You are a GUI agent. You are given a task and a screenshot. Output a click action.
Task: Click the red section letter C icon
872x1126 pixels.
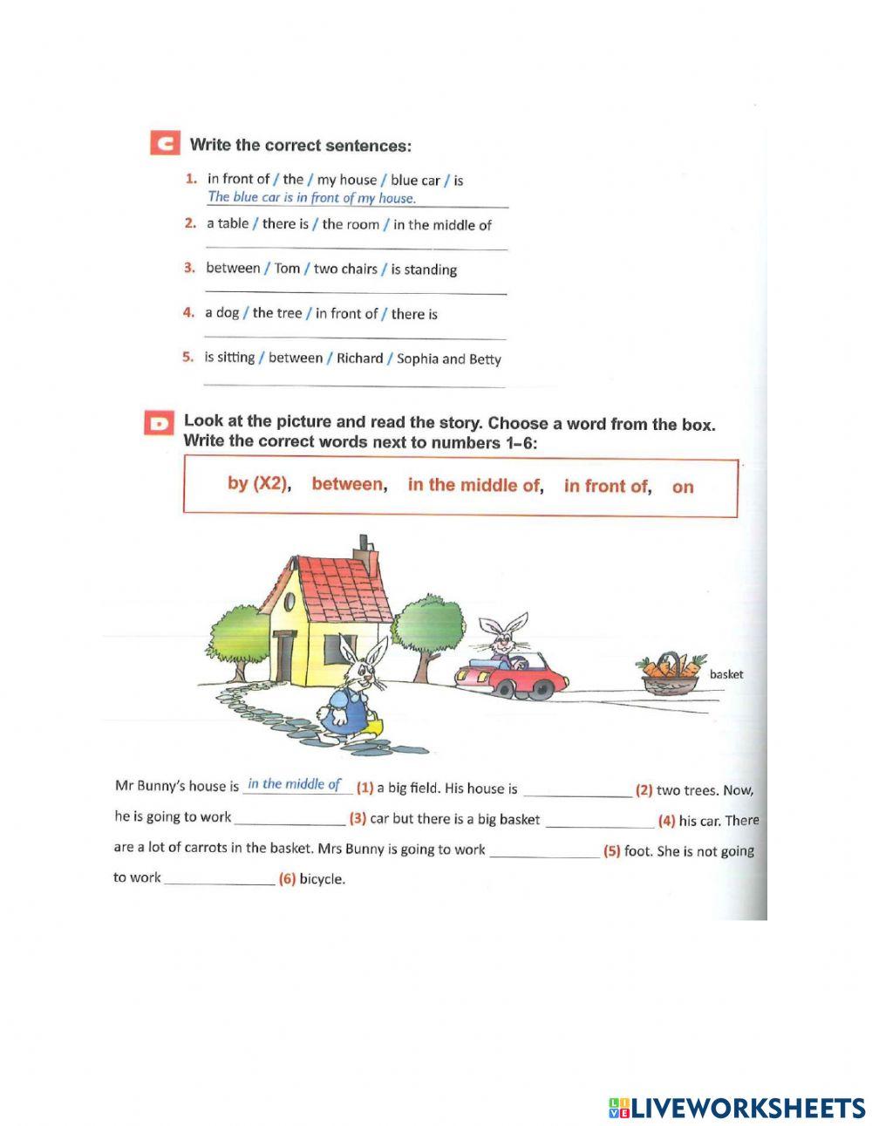pos(165,144)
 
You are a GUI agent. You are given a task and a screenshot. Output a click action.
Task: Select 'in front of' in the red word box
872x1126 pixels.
pos(605,487)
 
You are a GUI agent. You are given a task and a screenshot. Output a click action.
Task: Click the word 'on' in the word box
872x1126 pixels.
pos(683,488)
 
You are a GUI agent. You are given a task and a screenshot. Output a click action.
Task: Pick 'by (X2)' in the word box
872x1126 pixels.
pos(258,483)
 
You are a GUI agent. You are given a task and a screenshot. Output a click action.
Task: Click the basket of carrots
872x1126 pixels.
pos(669,674)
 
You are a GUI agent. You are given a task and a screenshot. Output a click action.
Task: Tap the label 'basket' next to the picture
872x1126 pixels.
pos(726,674)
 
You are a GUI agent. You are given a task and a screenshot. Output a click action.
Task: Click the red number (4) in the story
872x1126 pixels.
pos(666,821)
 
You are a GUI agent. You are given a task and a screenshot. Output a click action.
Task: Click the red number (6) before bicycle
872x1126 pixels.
pos(287,879)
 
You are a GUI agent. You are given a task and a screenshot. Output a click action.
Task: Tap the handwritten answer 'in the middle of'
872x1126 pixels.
pos(294,784)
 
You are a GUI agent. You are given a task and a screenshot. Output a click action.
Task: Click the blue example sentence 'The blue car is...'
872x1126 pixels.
pos(311,198)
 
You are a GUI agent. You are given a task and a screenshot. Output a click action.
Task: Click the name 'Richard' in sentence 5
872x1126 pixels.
pos(359,358)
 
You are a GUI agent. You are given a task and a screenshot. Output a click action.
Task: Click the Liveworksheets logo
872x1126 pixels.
pos(737,1108)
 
